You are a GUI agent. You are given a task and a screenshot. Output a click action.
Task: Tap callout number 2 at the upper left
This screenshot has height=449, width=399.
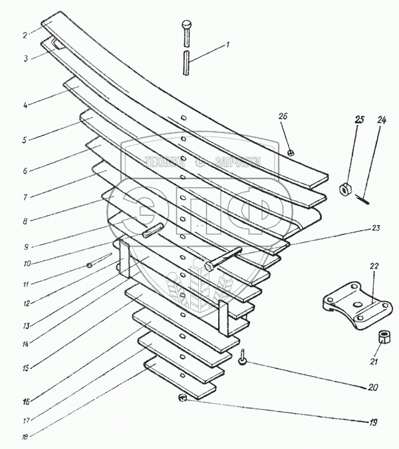[x=24, y=35]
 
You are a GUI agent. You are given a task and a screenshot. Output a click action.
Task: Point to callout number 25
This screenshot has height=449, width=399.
[x=360, y=120]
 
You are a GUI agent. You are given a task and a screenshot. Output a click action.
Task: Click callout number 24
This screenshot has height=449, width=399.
[x=381, y=121]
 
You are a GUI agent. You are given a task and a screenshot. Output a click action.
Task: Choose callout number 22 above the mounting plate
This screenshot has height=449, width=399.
[x=374, y=266]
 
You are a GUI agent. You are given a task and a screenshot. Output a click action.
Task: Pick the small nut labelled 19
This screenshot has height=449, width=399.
[x=182, y=398]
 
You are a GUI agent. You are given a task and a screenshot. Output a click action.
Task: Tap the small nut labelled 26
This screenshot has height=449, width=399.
[x=292, y=153]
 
